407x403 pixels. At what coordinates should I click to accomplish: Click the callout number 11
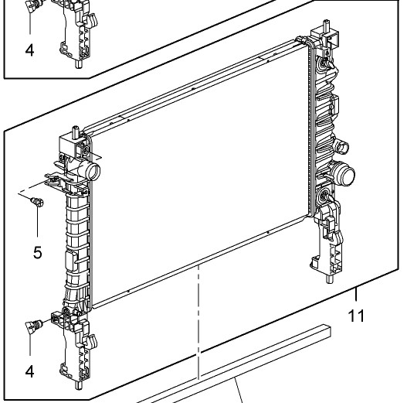click(356, 316)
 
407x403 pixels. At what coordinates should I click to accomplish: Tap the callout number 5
click(37, 252)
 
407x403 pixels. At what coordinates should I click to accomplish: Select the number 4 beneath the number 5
click(29, 371)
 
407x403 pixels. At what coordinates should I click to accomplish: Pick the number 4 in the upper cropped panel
click(29, 50)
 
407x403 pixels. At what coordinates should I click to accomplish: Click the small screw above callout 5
click(37, 202)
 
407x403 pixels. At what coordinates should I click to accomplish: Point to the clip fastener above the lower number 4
click(33, 326)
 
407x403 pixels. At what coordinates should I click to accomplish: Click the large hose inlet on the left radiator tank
click(91, 170)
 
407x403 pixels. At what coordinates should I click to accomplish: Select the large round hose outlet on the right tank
click(344, 174)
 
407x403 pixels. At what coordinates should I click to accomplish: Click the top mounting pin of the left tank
click(75, 131)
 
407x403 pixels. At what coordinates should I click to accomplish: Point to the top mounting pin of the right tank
click(326, 26)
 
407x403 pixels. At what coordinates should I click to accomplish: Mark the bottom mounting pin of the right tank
click(330, 279)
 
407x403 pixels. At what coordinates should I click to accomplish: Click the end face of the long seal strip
click(327, 332)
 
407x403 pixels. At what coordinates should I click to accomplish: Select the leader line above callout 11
click(356, 294)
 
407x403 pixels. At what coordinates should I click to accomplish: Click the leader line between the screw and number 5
click(37, 222)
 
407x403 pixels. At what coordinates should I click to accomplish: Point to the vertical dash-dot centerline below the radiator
click(198, 323)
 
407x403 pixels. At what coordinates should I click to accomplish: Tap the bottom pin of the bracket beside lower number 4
click(78, 385)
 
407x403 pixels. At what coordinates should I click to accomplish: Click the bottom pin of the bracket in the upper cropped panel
click(78, 64)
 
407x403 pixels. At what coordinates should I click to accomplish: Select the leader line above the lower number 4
click(30, 344)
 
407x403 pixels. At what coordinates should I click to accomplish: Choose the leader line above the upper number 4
click(30, 23)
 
